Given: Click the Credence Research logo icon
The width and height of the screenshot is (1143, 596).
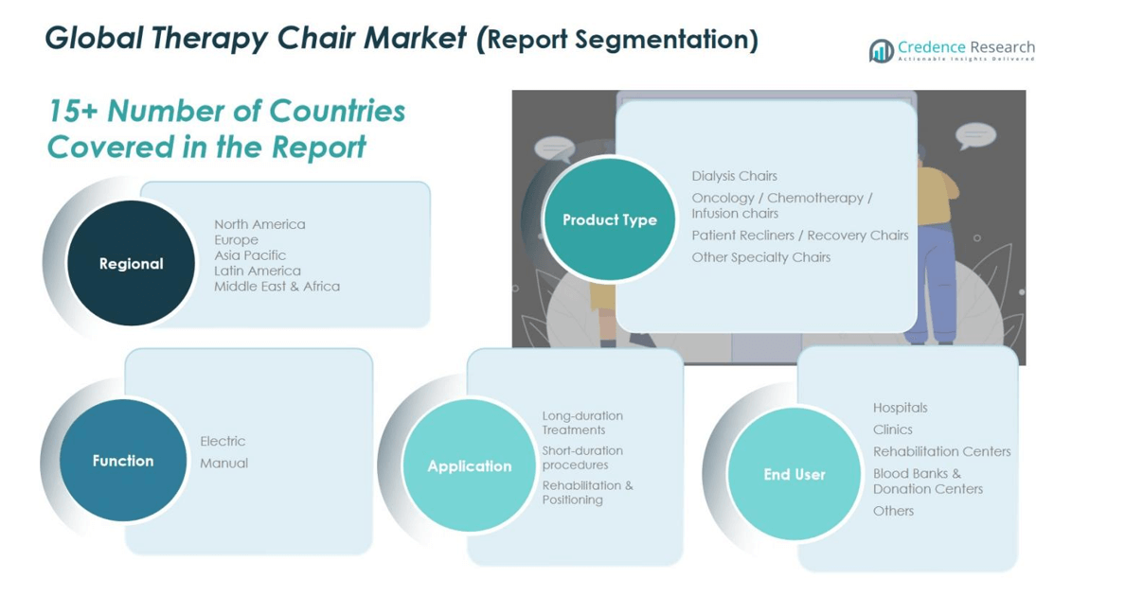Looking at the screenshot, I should pyautogui.click(x=881, y=50).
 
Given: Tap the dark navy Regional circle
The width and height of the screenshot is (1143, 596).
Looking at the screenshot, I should pyautogui.click(x=131, y=264).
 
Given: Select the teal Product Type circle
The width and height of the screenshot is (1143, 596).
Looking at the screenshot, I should pyautogui.click(x=609, y=219).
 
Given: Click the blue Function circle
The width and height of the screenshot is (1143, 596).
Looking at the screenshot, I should pyautogui.click(x=122, y=461).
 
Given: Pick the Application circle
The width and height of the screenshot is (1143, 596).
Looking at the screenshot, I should pyautogui.click(x=469, y=466).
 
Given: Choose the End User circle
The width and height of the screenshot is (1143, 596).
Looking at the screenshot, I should pyautogui.click(x=794, y=475).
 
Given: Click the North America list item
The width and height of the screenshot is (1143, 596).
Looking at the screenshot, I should pyautogui.click(x=259, y=224).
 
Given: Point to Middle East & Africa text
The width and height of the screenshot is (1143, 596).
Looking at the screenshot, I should pyautogui.click(x=277, y=286).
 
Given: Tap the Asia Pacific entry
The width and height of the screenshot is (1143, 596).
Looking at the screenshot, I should pyautogui.click(x=250, y=255).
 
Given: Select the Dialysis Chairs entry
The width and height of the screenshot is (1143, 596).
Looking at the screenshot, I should pyautogui.click(x=734, y=176).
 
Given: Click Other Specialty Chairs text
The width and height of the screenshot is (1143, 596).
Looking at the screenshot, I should pyautogui.click(x=760, y=257).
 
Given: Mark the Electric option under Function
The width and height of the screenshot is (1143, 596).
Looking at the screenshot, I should pyautogui.click(x=223, y=441).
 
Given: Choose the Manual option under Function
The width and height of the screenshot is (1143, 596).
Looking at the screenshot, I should pyautogui.click(x=223, y=463).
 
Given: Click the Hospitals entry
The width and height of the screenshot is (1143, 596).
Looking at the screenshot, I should pyautogui.click(x=900, y=408).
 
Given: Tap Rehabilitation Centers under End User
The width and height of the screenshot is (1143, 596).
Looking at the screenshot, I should pyautogui.click(x=941, y=451).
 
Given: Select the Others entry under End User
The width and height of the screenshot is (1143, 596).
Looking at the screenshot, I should pyautogui.click(x=893, y=511).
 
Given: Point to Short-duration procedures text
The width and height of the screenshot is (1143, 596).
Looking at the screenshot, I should pyautogui.click(x=581, y=458).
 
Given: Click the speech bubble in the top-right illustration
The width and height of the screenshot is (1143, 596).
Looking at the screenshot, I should pyautogui.click(x=974, y=135).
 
